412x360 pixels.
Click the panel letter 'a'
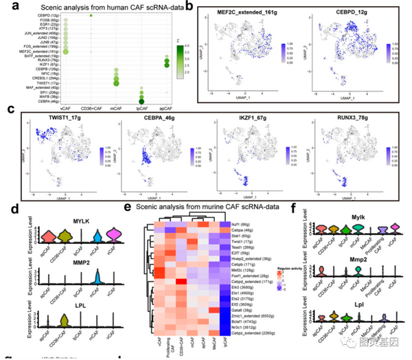pyautogui.click(x=6, y=9)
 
